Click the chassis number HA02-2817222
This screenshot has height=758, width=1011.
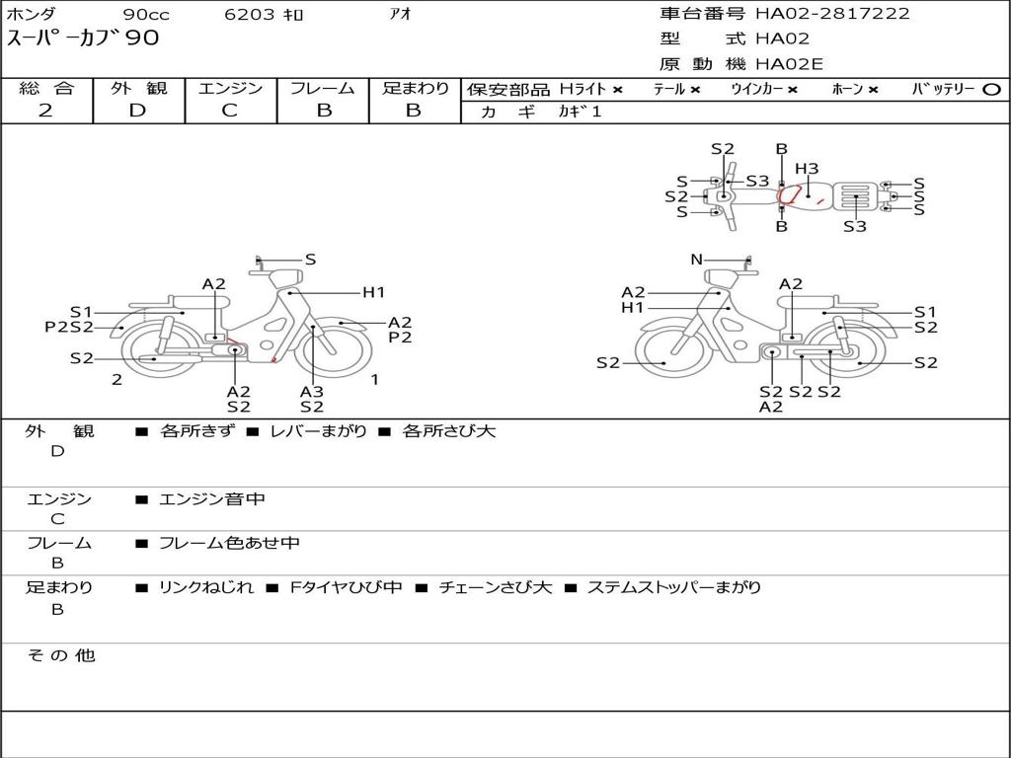click(832, 13)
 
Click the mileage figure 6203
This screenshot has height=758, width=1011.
click(250, 14)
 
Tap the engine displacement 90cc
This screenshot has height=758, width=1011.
click(146, 14)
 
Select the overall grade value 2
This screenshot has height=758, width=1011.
click(45, 111)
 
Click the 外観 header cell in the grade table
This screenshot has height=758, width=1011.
click(138, 88)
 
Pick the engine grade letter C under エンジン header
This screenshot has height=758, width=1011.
click(230, 111)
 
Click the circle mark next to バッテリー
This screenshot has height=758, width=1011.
click(991, 90)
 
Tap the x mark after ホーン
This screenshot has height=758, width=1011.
click(873, 90)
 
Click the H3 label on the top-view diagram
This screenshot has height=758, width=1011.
click(807, 169)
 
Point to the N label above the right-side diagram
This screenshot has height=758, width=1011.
click(696, 260)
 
